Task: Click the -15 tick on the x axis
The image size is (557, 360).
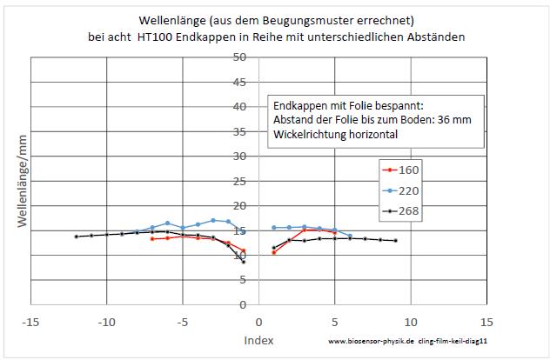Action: pyautogui.click(x=30, y=322)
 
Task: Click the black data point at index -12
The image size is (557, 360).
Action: pyautogui.click(x=77, y=237)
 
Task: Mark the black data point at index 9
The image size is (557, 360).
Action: pyautogui.click(x=396, y=241)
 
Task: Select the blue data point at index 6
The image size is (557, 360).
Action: pyautogui.click(x=350, y=236)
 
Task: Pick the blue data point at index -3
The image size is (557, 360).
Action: pyautogui.click(x=213, y=220)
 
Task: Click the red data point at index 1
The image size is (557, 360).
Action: pyautogui.click(x=274, y=252)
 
